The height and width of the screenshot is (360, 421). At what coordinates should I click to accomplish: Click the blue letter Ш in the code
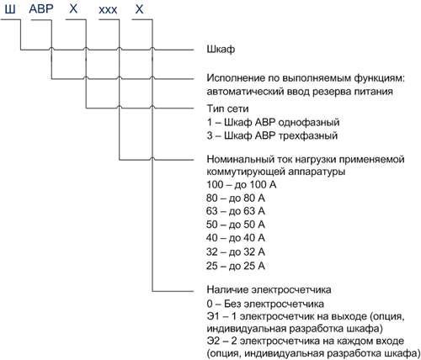click(10, 9)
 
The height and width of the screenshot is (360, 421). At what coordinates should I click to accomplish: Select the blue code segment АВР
click(41, 9)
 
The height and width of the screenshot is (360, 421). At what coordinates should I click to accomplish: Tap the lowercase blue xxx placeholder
click(108, 11)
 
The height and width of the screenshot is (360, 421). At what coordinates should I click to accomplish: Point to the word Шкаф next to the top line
click(221, 50)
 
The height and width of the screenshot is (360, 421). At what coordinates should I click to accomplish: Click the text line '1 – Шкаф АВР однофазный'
click(273, 122)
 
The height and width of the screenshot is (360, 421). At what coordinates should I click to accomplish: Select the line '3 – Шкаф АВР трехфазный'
click(272, 135)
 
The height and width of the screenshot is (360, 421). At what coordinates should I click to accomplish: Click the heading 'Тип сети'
click(227, 109)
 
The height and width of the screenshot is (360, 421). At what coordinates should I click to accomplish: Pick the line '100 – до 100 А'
click(242, 184)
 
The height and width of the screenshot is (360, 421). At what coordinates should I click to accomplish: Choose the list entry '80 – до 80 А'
click(236, 199)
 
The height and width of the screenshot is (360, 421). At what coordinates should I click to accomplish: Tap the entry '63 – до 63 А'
click(236, 211)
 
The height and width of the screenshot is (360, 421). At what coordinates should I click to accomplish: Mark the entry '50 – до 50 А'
click(236, 225)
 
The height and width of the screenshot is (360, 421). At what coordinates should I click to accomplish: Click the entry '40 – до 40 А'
click(236, 238)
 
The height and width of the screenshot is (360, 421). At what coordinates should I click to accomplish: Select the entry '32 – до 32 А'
click(236, 251)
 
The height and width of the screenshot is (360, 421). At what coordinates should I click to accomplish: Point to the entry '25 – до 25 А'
click(236, 266)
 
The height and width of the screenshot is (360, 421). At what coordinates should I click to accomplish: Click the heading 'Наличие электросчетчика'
click(269, 289)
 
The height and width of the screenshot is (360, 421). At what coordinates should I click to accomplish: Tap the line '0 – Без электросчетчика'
click(265, 304)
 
